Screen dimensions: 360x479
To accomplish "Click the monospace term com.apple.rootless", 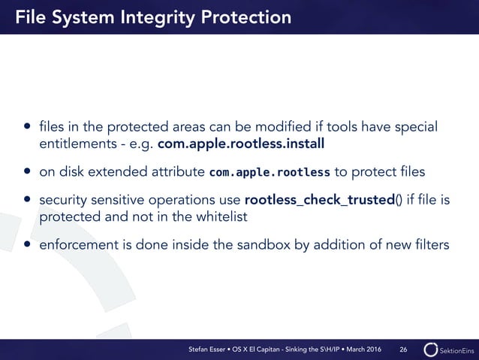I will (x=269, y=172).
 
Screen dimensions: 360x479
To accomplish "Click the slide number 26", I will (x=403, y=349).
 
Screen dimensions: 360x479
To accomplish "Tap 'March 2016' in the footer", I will (x=364, y=349).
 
